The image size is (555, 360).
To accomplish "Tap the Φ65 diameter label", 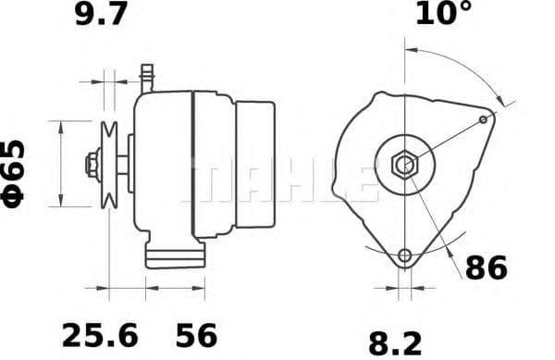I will click(x=17, y=173).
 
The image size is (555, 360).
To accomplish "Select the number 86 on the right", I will click(x=485, y=269).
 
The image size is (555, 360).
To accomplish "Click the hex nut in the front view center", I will click(x=403, y=166).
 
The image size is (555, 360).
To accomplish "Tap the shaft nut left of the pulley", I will click(x=92, y=165).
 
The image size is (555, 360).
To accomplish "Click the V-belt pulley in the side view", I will click(x=110, y=165).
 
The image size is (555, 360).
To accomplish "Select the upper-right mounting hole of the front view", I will click(x=486, y=119).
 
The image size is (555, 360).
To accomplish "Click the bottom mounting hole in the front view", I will click(x=403, y=256).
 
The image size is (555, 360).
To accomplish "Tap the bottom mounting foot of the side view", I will click(x=175, y=254).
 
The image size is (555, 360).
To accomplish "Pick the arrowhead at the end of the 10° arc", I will click(x=503, y=99).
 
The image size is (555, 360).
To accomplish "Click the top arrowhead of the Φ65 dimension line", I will click(x=61, y=124).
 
